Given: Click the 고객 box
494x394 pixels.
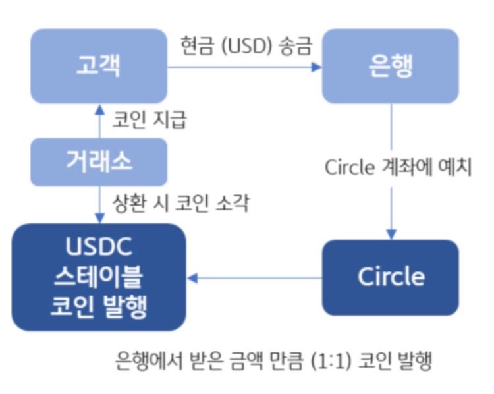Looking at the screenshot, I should (x=99, y=67).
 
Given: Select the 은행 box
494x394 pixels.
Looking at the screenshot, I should (x=390, y=67).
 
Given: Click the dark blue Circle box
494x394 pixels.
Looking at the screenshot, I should (x=390, y=277).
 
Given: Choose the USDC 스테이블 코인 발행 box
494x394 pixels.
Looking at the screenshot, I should (x=99, y=277).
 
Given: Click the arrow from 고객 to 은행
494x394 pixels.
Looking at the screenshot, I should (x=244, y=67).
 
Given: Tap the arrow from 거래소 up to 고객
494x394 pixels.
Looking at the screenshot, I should (x=99, y=122).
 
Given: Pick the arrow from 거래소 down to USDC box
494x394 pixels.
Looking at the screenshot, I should (x=99, y=204).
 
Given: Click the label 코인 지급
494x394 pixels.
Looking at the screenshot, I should (x=150, y=121).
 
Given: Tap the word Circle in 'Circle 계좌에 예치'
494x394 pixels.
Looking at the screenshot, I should (x=349, y=168).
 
